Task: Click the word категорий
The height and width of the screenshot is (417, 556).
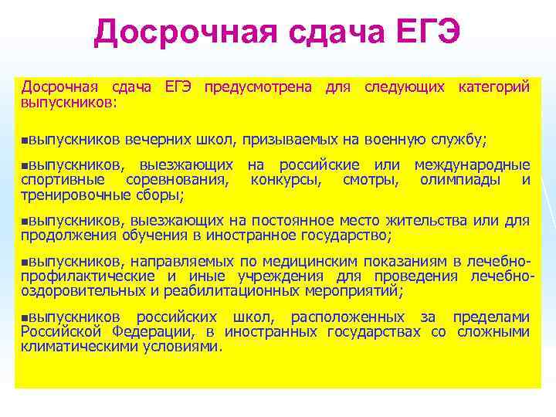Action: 494,88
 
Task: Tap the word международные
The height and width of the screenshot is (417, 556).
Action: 472,165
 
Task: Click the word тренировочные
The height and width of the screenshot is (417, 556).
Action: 69,195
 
